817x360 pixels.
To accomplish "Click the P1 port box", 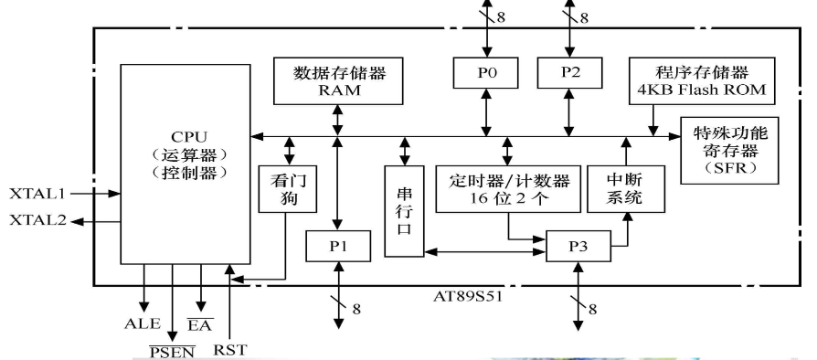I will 338,246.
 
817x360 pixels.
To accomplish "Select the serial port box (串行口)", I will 404,209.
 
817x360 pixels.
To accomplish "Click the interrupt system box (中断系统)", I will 624,186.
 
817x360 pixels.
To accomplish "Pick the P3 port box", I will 578,246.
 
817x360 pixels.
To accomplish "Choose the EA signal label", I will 207,323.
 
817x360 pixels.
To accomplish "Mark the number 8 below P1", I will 356,308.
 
